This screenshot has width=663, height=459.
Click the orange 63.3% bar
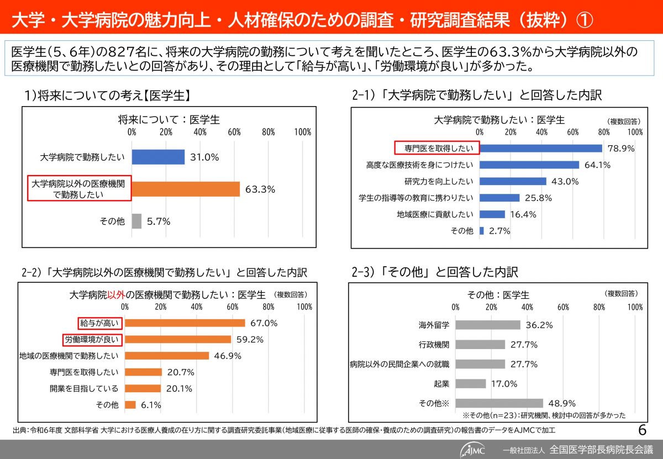186,189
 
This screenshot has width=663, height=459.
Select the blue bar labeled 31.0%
158,157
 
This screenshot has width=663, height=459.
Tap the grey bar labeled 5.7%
137,221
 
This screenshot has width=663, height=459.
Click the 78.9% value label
620,148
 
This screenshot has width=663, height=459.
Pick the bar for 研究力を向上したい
513,181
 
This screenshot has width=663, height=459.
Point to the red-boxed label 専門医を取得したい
436,148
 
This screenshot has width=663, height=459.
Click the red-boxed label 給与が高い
99,323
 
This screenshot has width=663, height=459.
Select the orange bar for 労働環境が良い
178,339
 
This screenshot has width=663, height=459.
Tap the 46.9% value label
228,356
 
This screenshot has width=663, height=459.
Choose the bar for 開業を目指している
143,388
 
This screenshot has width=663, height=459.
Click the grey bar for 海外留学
488,325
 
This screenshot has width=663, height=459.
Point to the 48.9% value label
562,404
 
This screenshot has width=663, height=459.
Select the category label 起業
442,383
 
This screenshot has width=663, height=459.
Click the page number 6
642,430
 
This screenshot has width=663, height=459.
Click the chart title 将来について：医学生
169,119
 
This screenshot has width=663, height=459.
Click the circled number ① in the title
584,21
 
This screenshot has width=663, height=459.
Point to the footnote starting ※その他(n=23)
544,415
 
